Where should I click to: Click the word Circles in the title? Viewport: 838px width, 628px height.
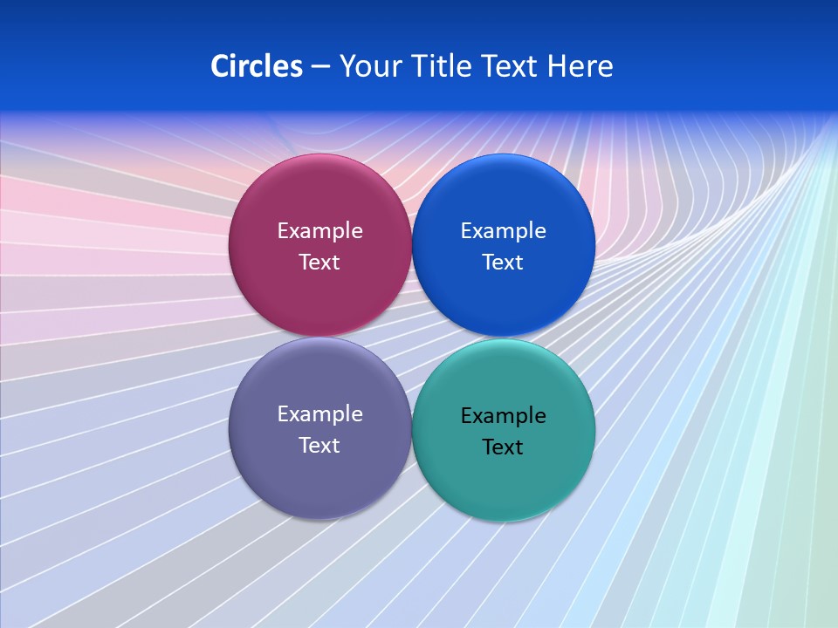click(257, 66)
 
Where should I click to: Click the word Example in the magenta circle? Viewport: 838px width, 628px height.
click(319, 231)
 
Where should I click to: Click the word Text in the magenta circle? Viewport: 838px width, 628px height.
click(319, 263)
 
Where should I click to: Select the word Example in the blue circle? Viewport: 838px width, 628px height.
click(504, 231)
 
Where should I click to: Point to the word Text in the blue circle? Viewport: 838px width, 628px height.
click(504, 263)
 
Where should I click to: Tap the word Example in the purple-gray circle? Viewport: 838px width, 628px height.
click(319, 414)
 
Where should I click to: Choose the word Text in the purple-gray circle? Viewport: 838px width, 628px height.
click(319, 446)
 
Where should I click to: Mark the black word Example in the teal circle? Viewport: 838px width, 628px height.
click(504, 416)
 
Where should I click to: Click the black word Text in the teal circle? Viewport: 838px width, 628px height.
click(504, 447)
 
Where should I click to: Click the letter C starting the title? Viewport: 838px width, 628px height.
click(219, 66)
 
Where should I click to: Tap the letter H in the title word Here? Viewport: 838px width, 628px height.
click(556, 66)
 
